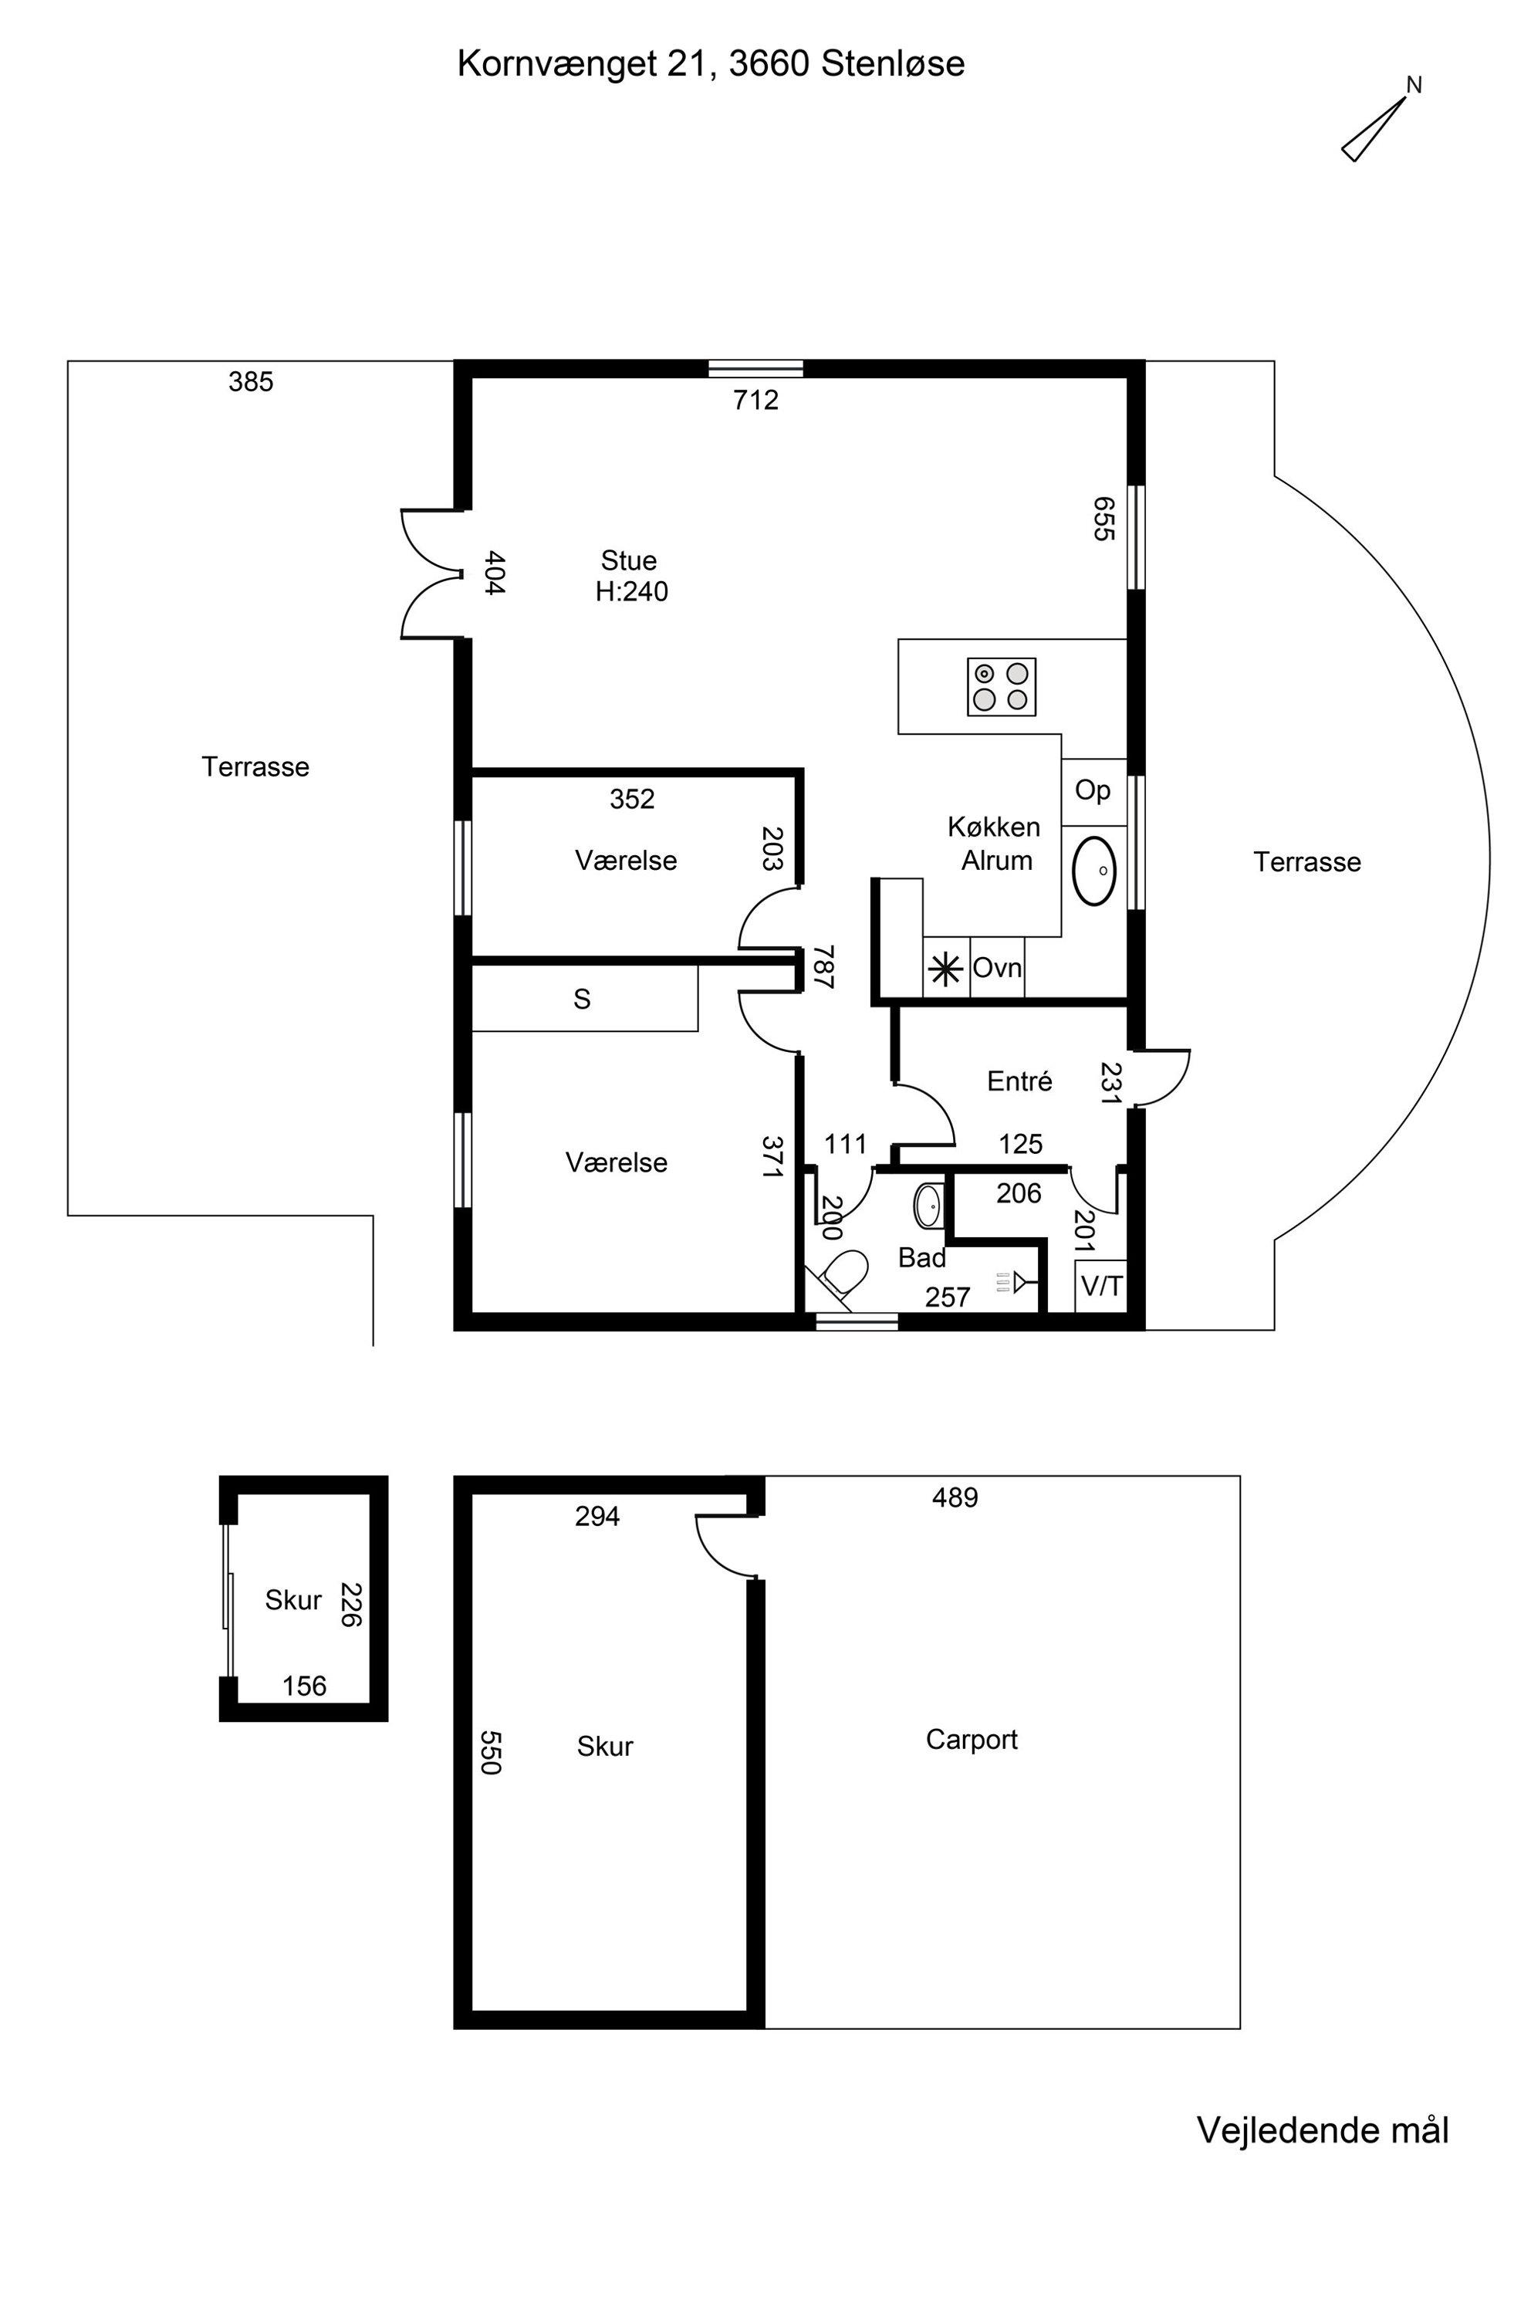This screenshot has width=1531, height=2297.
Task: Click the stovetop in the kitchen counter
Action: pos(1001,687)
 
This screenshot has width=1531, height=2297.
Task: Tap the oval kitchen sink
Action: pos(1094,870)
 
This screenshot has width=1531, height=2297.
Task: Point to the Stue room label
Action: pos(629,560)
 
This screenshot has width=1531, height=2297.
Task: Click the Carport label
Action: pos(972,1740)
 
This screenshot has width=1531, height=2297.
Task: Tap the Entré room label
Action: pos(1019,1081)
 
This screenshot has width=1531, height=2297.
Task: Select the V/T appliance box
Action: pos(1101,1286)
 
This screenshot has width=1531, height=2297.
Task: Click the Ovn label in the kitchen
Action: pos(997,968)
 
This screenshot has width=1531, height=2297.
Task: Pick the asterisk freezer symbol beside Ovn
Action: pos(945,969)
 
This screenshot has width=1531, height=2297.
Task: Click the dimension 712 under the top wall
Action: pos(755,400)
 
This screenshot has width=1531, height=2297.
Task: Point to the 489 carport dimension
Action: pos(955,1498)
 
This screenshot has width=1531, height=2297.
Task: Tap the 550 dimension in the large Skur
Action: pos(490,1753)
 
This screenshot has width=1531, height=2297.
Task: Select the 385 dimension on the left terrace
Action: pos(251,382)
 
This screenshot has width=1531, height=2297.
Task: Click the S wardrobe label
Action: pos(582,999)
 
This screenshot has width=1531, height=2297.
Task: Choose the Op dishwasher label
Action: pos(1093,791)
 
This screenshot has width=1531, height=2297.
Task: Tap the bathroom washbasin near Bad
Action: pos(928,1206)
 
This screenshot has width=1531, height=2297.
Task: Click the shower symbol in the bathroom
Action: pos(1016,1282)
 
